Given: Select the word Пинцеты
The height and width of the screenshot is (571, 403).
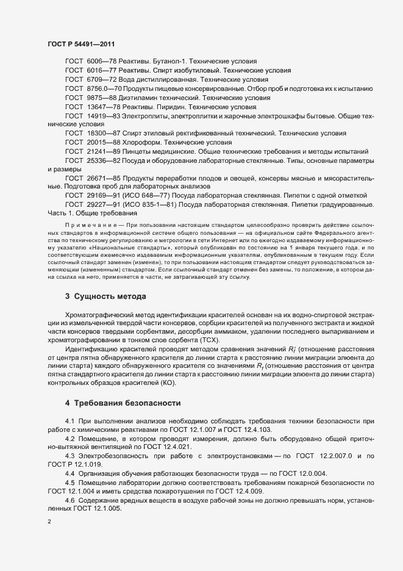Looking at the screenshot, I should pyautogui.click(x=136, y=151).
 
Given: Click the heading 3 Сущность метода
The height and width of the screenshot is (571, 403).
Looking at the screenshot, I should pyautogui.click(x=105, y=296).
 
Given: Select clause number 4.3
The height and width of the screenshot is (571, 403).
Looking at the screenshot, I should pyautogui.click(x=70, y=456).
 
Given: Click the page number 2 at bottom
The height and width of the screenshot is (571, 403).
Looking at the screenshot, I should pyautogui.click(x=49, y=522).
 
